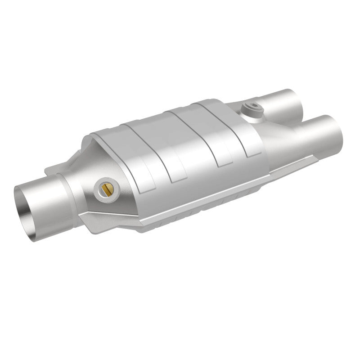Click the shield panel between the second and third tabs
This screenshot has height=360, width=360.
tap(193, 135)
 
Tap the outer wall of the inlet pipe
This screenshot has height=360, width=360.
tap(49, 189)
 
